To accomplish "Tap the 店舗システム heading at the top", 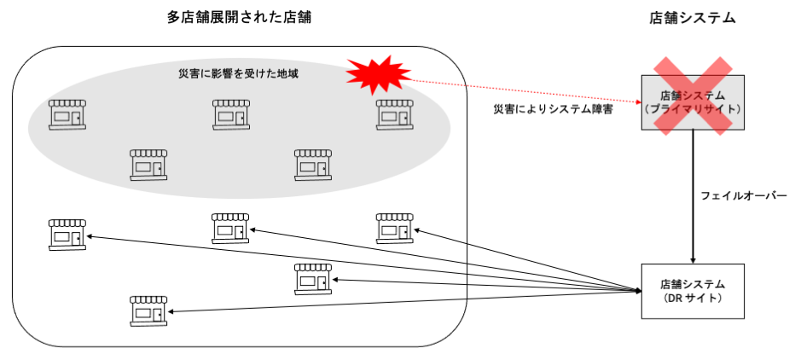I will coord(692,18).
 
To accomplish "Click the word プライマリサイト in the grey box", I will coord(692,110).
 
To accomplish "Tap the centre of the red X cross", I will coord(692,96).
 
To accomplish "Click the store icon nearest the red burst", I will coord(395,114).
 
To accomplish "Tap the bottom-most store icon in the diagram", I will coord(148,311).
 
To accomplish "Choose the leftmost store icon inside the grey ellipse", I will coord(67,114).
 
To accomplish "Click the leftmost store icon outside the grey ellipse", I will coord(67,235).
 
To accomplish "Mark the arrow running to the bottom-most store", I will coord(401,302).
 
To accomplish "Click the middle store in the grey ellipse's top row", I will coord(231,114).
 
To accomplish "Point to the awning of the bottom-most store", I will coord(148,300).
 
